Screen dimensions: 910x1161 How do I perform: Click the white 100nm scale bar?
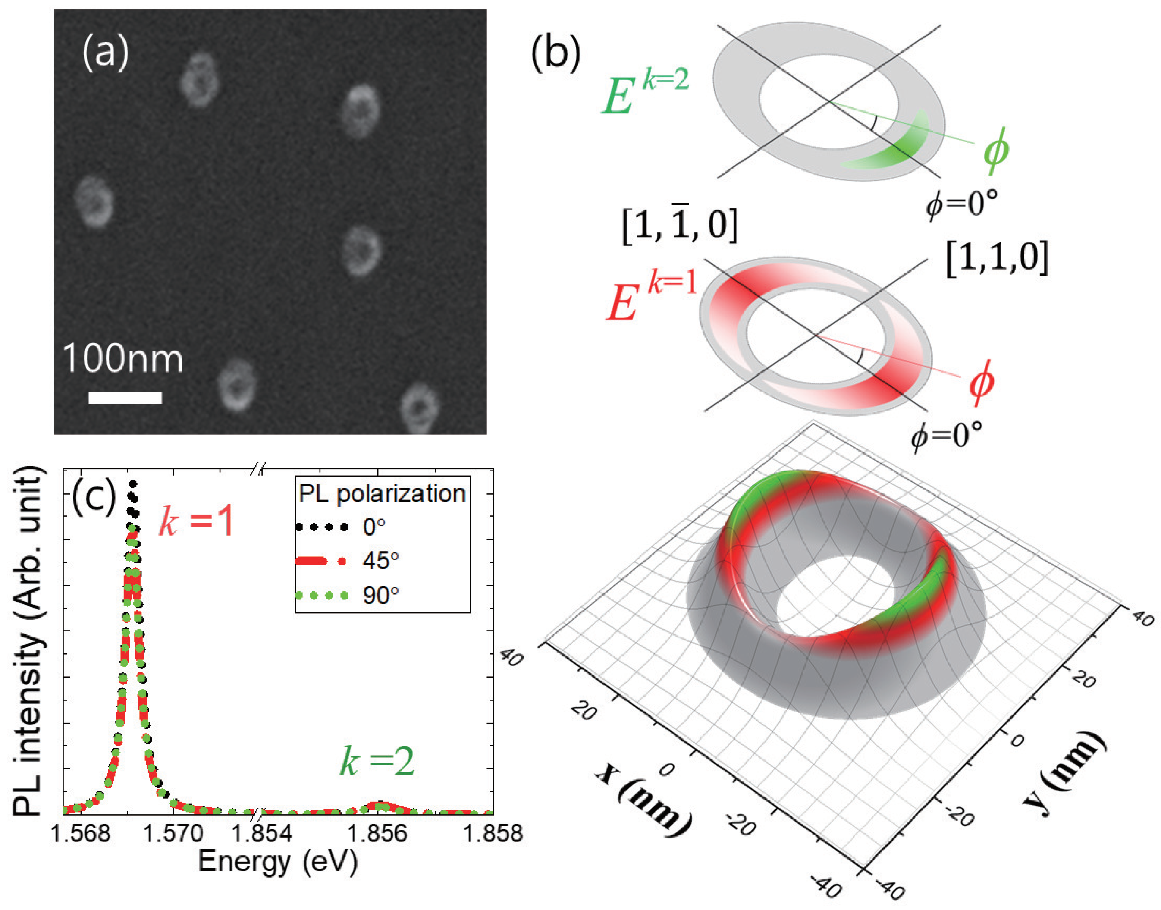click(x=125, y=398)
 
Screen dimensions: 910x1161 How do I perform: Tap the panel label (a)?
click(x=105, y=54)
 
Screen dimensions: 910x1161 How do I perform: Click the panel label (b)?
click(x=556, y=54)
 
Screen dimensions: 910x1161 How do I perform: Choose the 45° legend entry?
click(x=380, y=561)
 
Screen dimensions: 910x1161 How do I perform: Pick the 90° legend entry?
click(x=380, y=595)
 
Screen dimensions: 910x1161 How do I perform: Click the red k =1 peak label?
click(x=197, y=521)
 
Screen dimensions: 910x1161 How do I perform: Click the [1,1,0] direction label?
click(x=997, y=257)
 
